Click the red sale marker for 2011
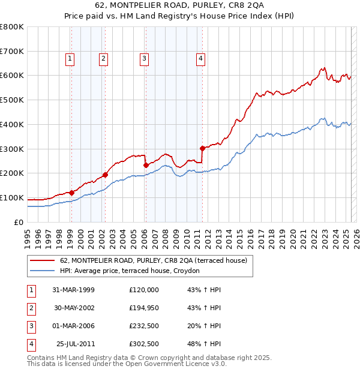tap(202, 148)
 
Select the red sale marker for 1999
tap(71, 193)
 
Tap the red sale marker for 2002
tap(105, 175)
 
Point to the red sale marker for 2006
tap(146, 165)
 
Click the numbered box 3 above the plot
tap(145, 58)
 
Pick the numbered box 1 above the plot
tap(70, 58)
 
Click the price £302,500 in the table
tap(144, 344)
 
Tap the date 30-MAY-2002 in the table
tap(76, 308)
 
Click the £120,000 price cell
tap(144, 290)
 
